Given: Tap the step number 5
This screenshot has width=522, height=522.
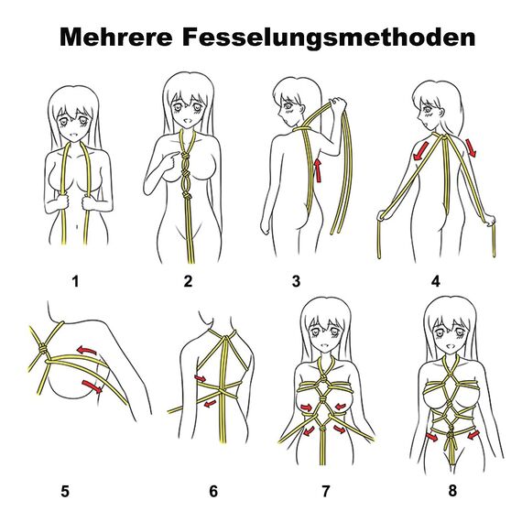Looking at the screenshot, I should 65,490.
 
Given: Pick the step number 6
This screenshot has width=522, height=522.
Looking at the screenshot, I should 213,492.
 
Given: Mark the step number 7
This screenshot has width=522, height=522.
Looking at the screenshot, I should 325,492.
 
